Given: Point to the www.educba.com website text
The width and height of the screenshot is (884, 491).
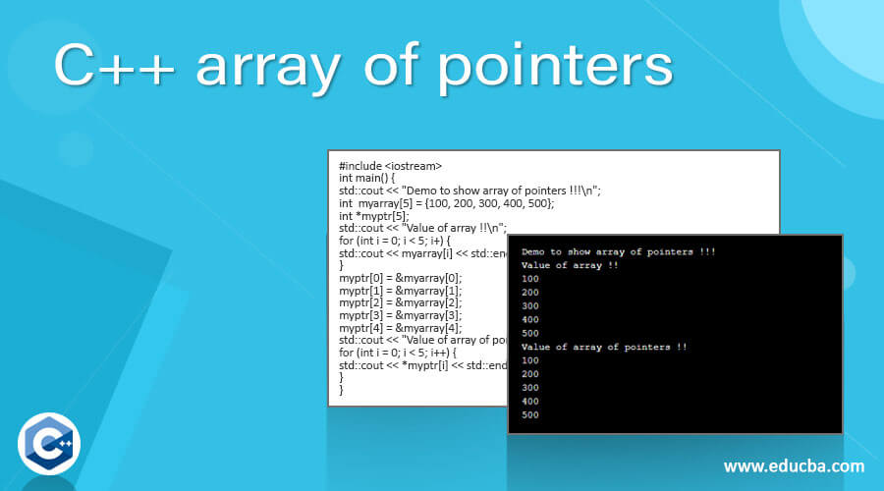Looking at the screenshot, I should pos(795,465).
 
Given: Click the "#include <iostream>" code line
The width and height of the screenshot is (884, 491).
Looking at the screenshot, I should pos(390,166).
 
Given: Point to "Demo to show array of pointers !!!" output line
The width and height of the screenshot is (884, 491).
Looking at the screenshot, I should pos(618,252).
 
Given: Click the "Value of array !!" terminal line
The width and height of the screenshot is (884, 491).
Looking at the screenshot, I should pos(570,265).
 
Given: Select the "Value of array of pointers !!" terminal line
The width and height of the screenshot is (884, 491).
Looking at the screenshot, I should pos(603,347).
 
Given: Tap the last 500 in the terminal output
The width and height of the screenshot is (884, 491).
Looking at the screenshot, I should pos(530,414).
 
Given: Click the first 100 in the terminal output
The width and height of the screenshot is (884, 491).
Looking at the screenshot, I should pos(530,279).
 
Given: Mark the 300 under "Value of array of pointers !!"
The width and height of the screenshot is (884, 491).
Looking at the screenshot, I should pos(530,387).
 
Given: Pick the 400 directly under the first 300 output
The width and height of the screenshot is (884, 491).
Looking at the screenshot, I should pos(530,319).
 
